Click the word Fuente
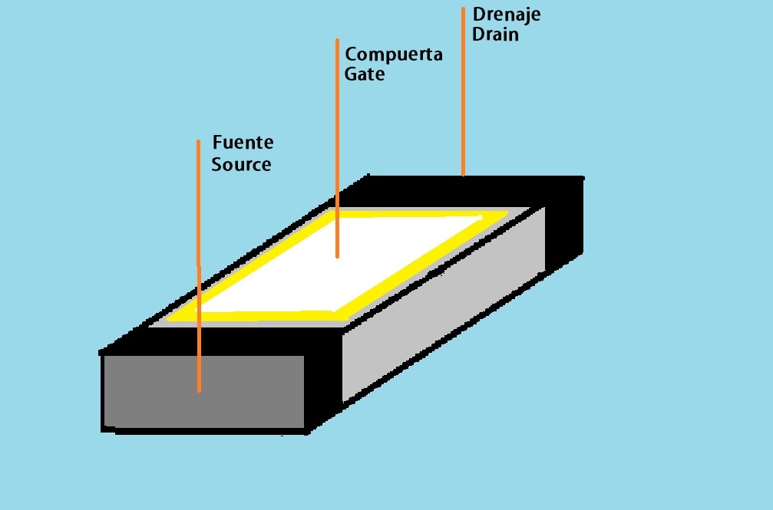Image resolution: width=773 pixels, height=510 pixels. pos(243,143)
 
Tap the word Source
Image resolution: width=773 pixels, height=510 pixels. pos(241,165)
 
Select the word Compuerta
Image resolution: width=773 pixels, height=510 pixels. pos(393,55)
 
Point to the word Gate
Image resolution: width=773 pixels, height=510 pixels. pos(365,75)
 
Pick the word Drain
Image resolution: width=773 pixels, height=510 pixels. pos(495,35)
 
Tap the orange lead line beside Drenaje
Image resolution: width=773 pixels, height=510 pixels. pos(463,92)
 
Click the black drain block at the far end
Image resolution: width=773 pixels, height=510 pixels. pos(564,222)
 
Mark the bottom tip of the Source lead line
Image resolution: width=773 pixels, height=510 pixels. pos(199,390)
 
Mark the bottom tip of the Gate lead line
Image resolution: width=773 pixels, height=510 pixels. pos(337,256)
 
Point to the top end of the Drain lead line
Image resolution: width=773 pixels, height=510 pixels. pos(463,9)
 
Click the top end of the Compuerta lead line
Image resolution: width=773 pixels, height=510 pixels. pos(337,40)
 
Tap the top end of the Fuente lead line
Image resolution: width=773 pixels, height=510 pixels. pos(198,141)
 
